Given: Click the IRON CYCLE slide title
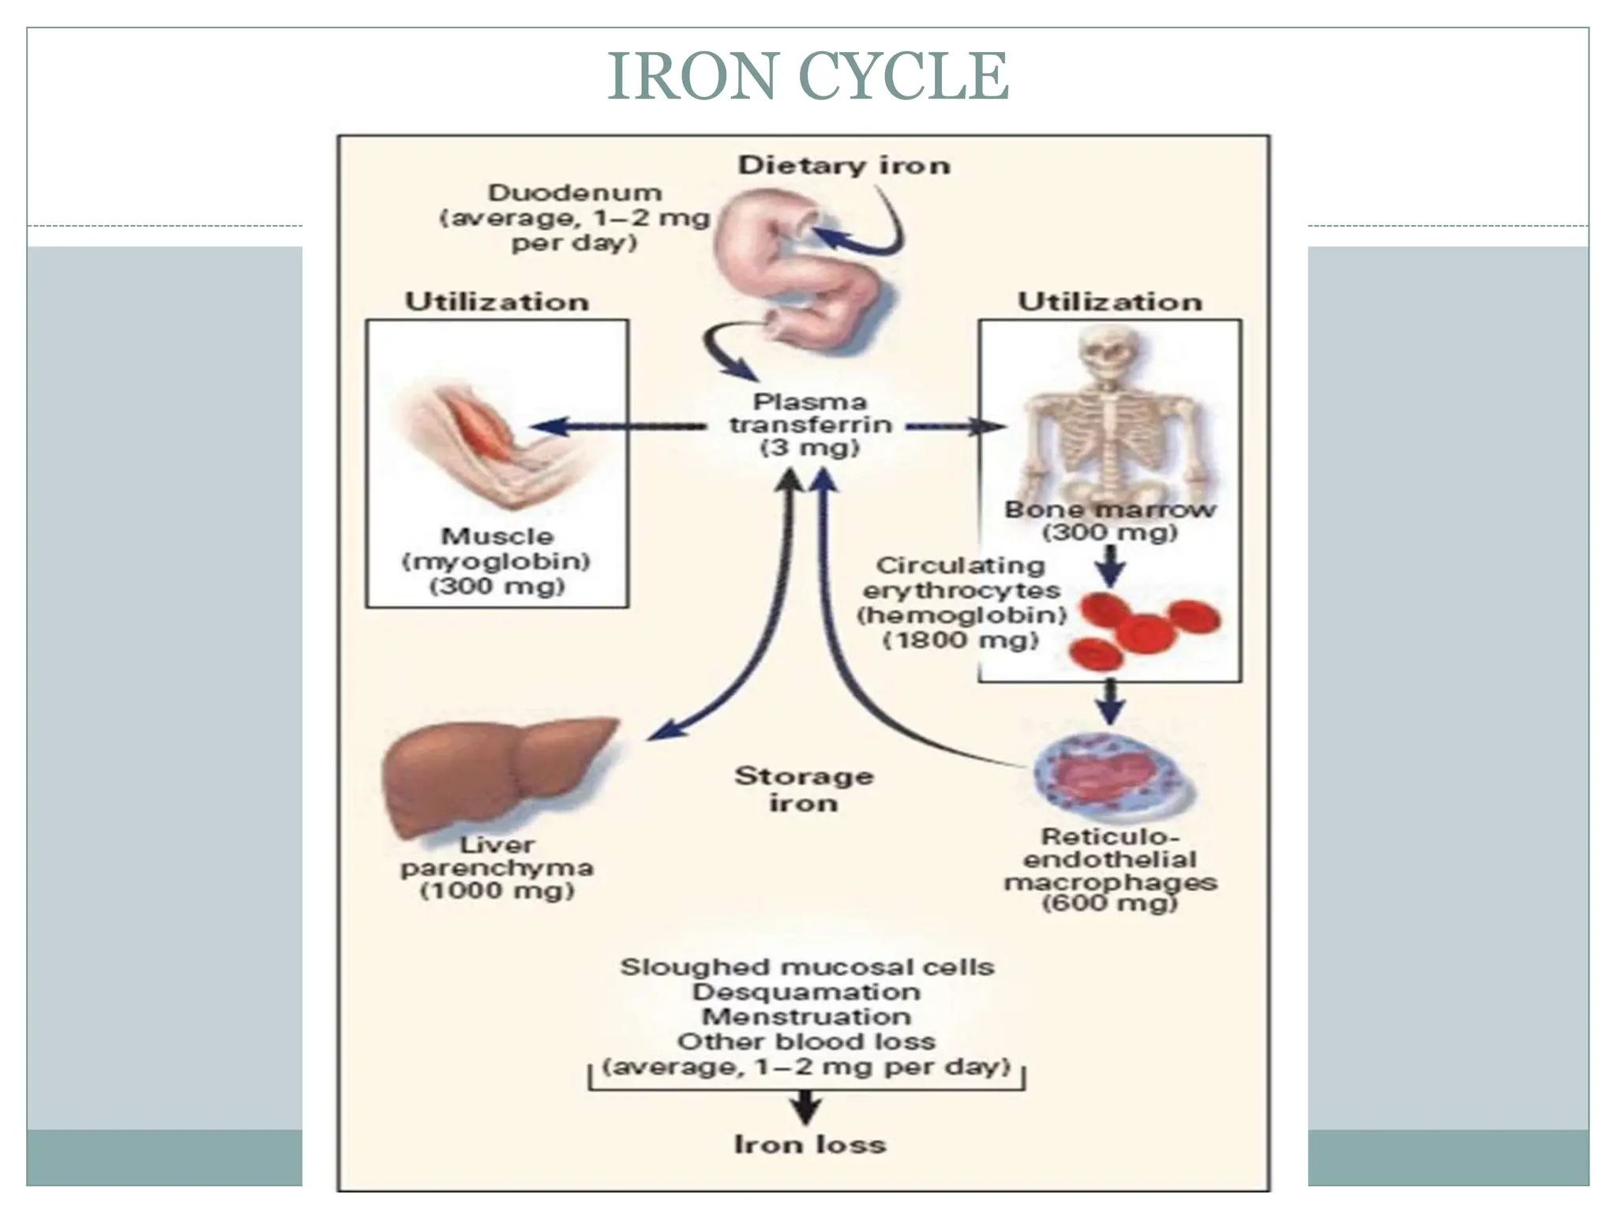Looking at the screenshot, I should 808,76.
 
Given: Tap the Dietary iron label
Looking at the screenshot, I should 844,166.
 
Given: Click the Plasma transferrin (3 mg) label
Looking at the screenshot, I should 810,425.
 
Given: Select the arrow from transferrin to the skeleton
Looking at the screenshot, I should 955,427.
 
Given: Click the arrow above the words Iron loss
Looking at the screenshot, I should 805,1106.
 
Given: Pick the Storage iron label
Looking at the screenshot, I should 804,790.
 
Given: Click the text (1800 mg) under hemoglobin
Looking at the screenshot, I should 960,640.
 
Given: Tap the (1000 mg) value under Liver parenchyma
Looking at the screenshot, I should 497,892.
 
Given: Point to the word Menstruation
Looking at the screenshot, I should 806,1016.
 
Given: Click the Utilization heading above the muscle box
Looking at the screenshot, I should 497,302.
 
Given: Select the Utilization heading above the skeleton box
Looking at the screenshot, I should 1109,302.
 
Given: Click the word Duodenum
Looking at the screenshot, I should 575,193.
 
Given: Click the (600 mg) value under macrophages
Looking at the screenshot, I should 1109,903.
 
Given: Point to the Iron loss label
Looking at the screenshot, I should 810,1144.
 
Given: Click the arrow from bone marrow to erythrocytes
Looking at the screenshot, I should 1111,565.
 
